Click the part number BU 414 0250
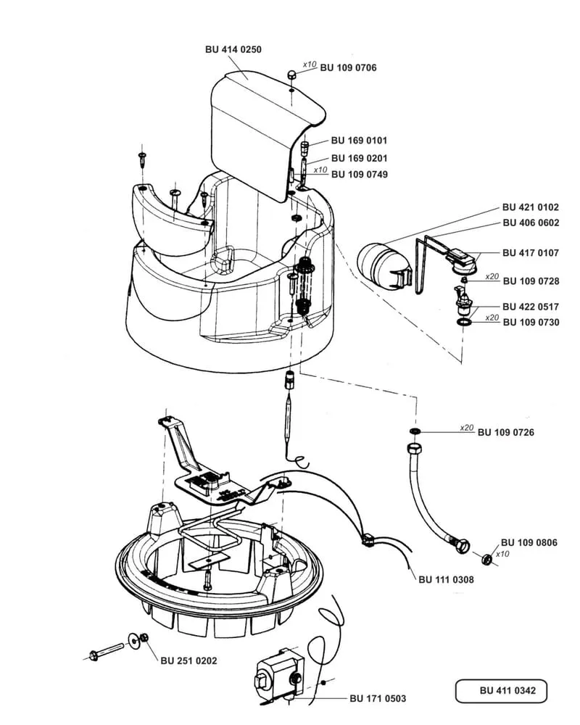click(x=233, y=49)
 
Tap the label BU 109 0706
click(x=348, y=67)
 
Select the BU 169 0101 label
click(x=359, y=140)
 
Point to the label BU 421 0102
click(x=531, y=207)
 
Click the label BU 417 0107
click(x=531, y=253)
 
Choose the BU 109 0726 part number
click(x=506, y=432)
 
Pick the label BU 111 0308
click(x=447, y=579)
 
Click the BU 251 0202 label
click(x=188, y=660)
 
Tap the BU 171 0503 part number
click(x=378, y=698)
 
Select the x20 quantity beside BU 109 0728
click(x=492, y=276)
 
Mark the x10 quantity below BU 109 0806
click(x=502, y=554)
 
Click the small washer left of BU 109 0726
click(x=415, y=431)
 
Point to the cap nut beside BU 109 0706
click(x=291, y=74)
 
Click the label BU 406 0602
click(x=531, y=223)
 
